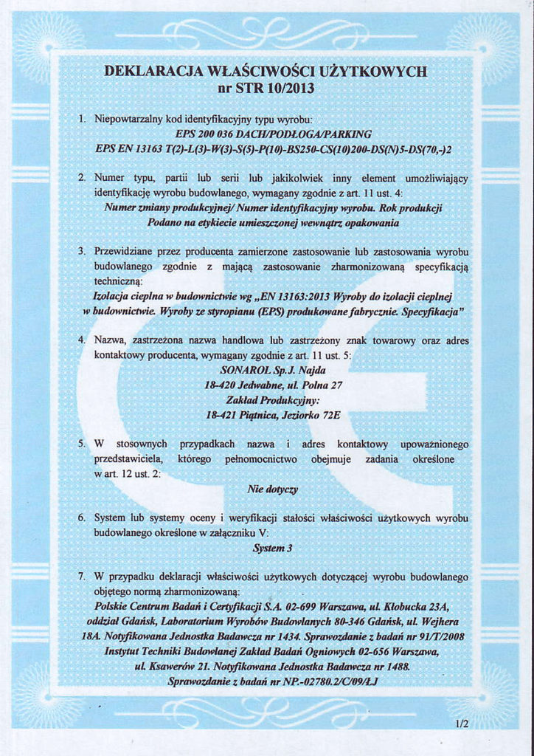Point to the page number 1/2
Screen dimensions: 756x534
pos(462,724)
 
